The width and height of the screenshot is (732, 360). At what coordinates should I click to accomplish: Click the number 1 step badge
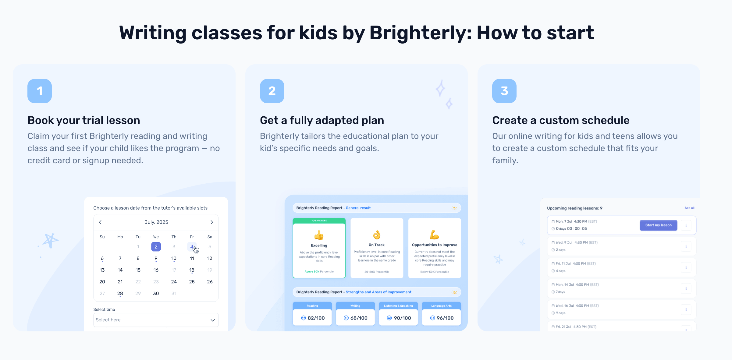(x=40, y=91)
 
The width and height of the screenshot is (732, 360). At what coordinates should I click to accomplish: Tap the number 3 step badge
(x=504, y=91)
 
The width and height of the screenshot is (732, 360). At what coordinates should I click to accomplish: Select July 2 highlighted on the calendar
(x=156, y=247)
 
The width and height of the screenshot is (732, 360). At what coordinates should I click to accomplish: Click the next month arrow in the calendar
(x=212, y=222)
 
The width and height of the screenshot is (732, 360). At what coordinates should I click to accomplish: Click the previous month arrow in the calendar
(x=100, y=222)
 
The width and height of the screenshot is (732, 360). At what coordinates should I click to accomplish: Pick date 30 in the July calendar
(x=156, y=293)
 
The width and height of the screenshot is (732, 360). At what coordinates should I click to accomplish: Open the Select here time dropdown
(x=156, y=320)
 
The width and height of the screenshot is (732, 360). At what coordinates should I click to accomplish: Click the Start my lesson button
(x=658, y=225)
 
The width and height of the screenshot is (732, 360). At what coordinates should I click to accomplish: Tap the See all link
(x=689, y=208)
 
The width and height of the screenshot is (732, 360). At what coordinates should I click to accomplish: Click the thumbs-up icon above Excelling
(x=319, y=235)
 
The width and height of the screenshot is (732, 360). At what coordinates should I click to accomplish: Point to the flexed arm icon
(x=434, y=235)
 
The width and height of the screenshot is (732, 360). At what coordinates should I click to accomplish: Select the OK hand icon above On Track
(x=377, y=235)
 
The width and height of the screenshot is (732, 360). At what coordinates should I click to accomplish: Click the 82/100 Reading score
(x=313, y=318)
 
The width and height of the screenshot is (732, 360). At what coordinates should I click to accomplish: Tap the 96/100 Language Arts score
(x=442, y=318)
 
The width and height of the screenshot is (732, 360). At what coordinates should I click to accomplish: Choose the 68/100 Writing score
(x=356, y=318)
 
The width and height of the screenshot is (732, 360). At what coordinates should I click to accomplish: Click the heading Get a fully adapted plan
(x=322, y=120)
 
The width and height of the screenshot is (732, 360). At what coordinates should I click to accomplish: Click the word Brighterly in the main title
(x=421, y=33)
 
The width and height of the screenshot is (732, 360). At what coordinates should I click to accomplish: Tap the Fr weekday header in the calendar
(x=192, y=237)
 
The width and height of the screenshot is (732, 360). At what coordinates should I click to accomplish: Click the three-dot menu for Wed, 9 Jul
(x=686, y=246)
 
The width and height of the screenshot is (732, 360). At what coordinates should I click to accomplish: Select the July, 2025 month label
(x=156, y=222)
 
